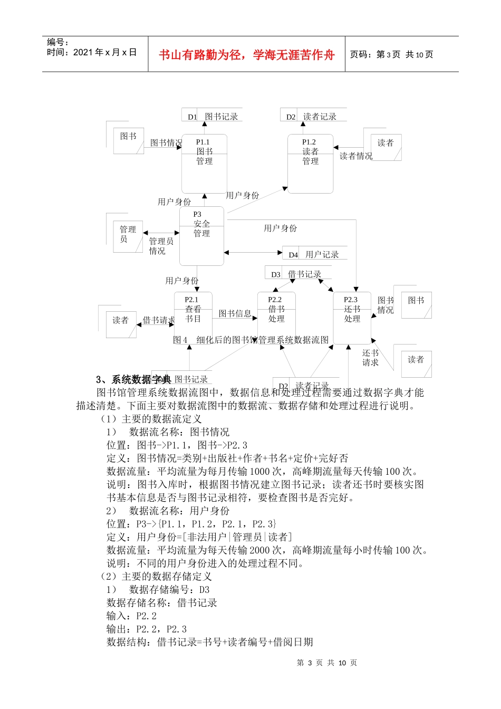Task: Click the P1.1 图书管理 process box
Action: click(204, 164)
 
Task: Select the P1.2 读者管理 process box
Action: click(310, 164)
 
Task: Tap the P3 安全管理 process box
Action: click(201, 236)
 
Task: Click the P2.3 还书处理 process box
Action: click(352, 318)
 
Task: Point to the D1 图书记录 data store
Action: click(212, 117)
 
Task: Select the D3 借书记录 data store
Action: click(298, 274)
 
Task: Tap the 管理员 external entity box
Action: click(128, 236)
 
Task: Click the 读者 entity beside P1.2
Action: click(386, 147)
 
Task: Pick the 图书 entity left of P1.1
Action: click(128, 139)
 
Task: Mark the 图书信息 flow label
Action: click(235, 313)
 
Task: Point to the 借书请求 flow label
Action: click(159, 320)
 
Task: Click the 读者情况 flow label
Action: click(356, 156)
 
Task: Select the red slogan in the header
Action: click(247, 55)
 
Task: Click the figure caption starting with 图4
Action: click(251, 340)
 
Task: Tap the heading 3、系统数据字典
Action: click(133, 379)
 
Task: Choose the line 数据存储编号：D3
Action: click(158, 590)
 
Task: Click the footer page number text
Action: click(327, 663)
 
